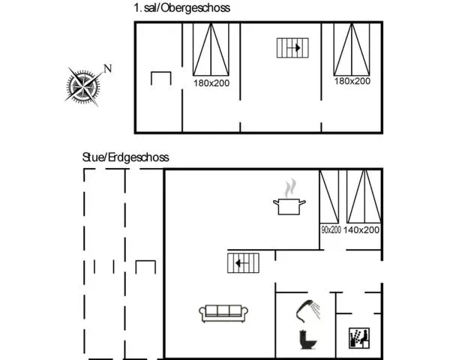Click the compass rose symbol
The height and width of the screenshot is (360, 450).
[x=83, y=85]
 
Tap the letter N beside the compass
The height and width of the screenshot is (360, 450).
[x=107, y=69]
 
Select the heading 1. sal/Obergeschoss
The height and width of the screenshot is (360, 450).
[x=182, y=7]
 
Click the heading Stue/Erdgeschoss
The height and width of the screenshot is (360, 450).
[x=126, y=157]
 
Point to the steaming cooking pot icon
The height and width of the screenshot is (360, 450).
[x=289, y=197]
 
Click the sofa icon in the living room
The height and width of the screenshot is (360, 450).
[x=223, y=313]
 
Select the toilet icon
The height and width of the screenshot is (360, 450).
[x=308, y=340]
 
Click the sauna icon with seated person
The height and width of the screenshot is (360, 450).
[x=359, y=338]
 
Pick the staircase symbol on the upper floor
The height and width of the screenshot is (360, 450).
[x=292, y=48]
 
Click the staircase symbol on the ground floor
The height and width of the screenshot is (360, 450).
[x=243, y=263]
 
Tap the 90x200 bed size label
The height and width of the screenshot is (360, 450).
[x=331, y=229]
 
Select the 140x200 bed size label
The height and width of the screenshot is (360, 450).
[x=361, y=229]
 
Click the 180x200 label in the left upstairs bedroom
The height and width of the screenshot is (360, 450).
[x=211, y=83]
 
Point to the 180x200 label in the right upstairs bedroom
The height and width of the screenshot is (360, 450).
[x=352, y=81]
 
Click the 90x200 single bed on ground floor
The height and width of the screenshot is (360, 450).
[x=329, y=196]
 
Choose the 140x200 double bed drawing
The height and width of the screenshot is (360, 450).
[x=364, y=196]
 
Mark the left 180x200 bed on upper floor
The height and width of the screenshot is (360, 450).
[x=211, y=49]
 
